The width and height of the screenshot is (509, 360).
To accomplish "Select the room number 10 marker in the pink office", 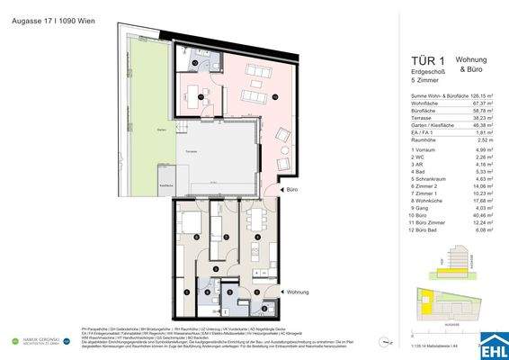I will (x=276, y=97).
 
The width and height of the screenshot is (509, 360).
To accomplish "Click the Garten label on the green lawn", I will (x=135, y=130).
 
